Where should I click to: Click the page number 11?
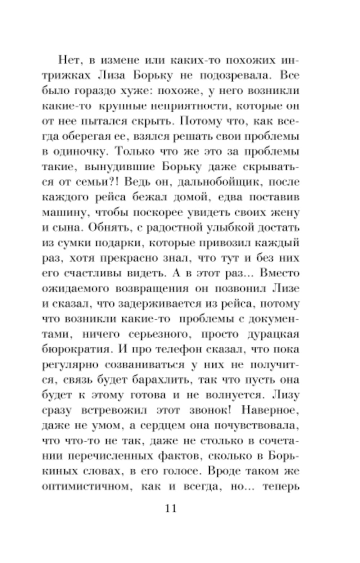(171, 508)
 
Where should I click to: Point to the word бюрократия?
(76, 349)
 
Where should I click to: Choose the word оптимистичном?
(85, 487)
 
